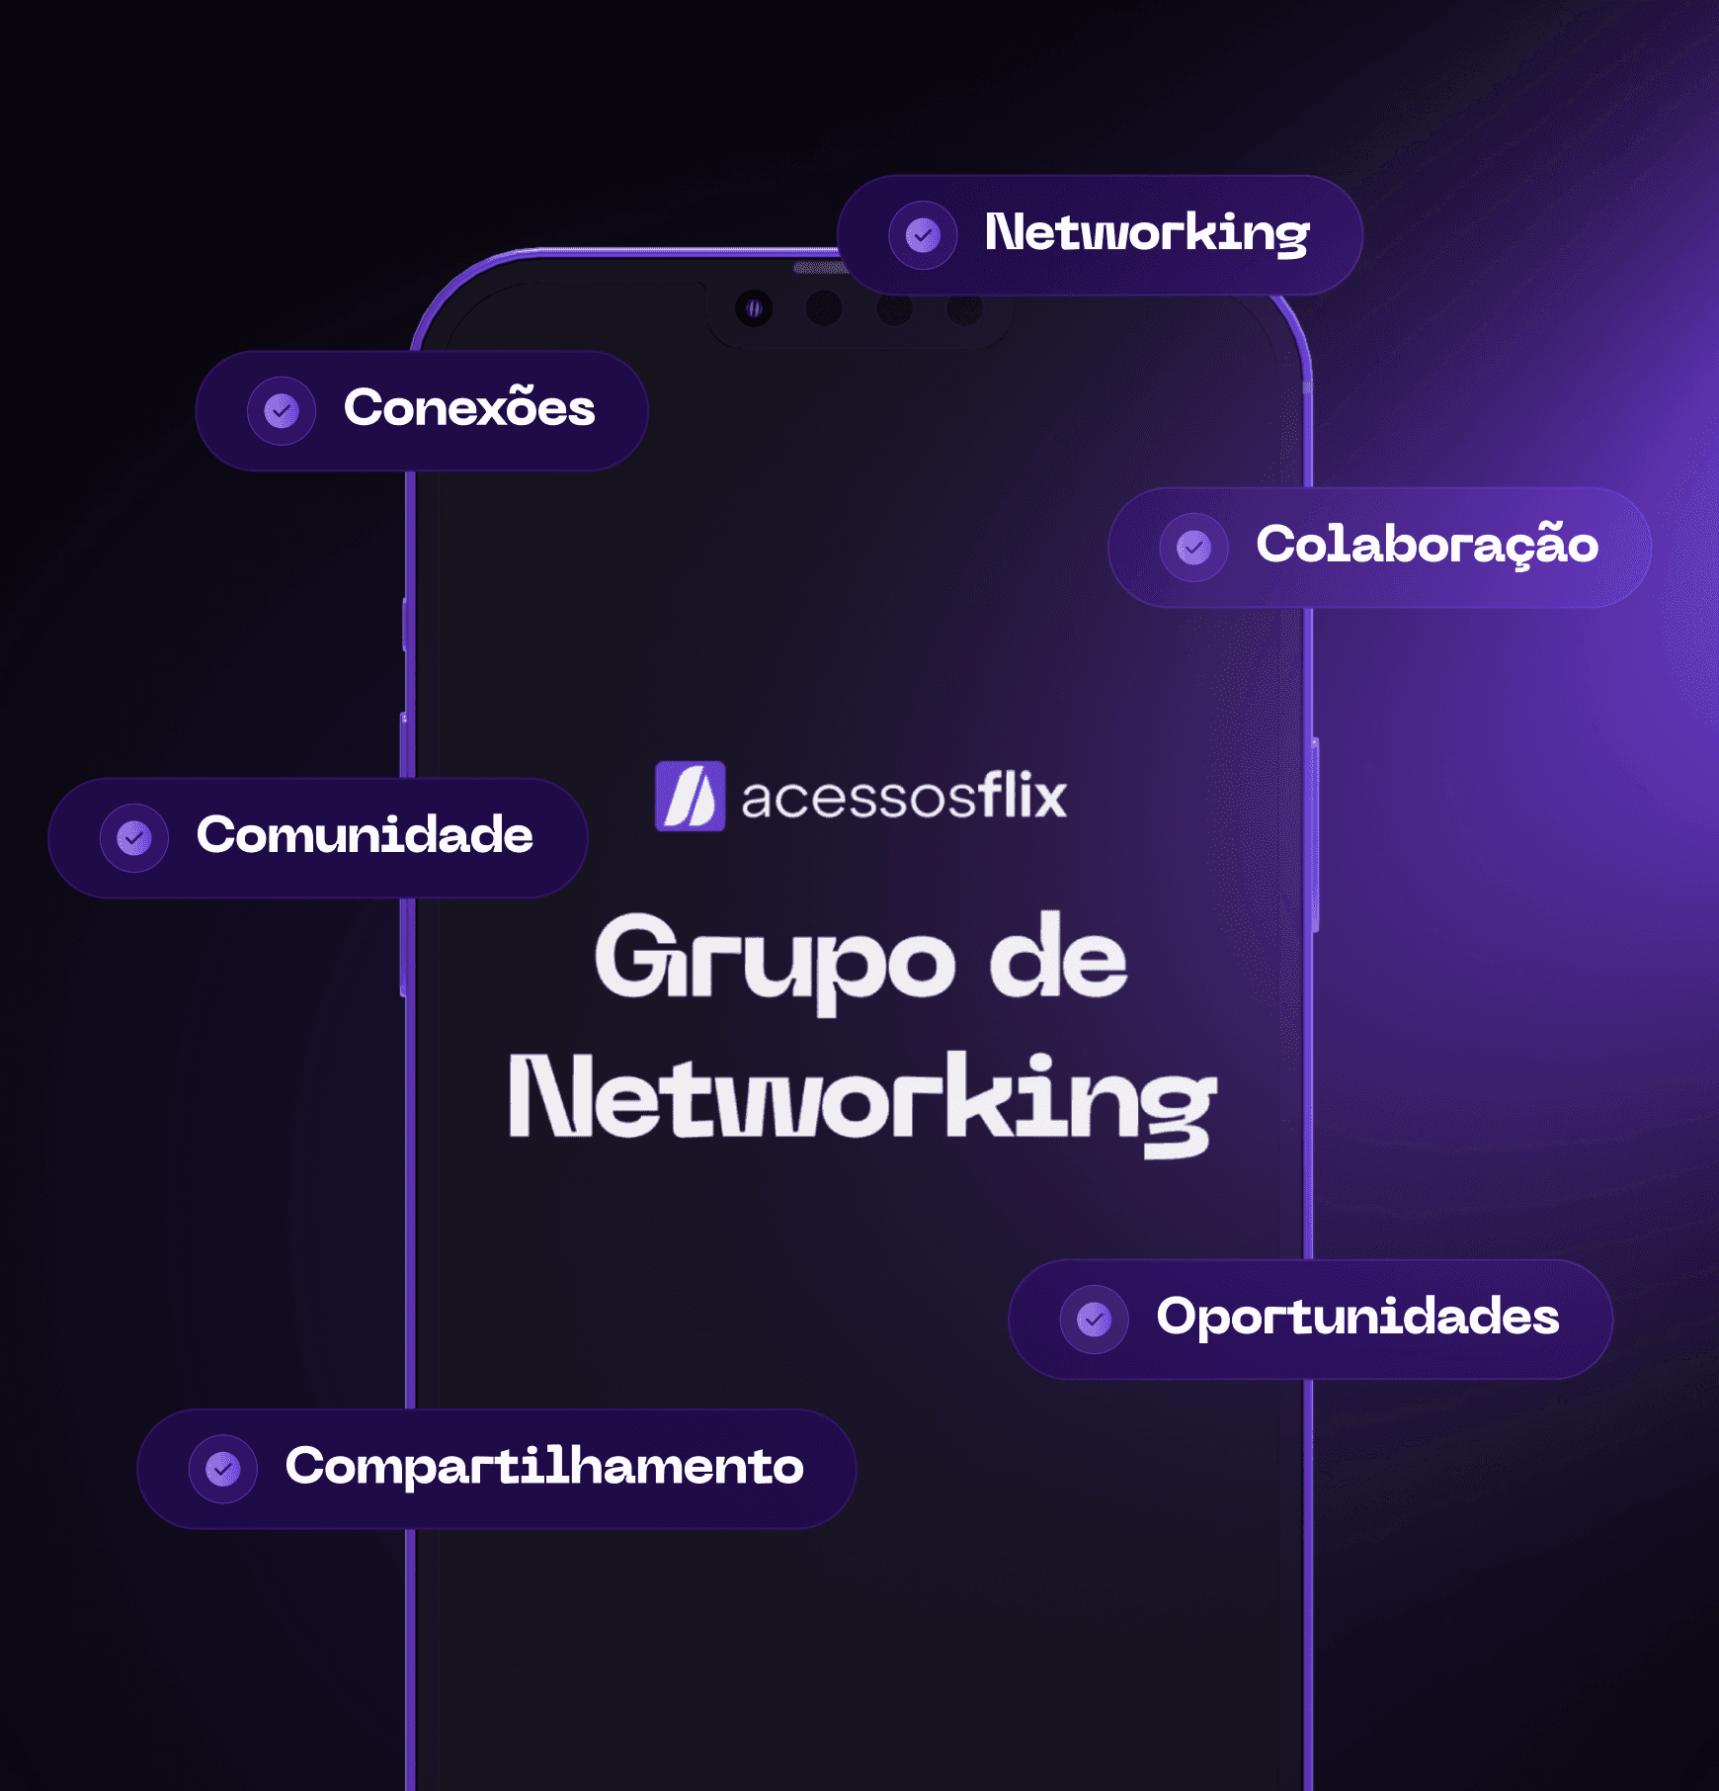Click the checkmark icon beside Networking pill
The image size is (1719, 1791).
pyautogui.click(x=923, y=236)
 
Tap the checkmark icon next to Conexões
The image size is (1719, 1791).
pyautogui.click(x=282, y=410)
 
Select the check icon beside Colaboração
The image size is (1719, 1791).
pyautogui.click(x=1193, y=547)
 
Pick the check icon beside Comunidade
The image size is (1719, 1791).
pyautogui.click(x=134, y=838)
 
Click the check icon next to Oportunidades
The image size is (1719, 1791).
pyautogui.click(x=1094, y=1319)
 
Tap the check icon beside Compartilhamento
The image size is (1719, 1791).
pyautogui.click(x=223, y=1469)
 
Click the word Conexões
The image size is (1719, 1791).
pyautogui.click(x=469, y=408)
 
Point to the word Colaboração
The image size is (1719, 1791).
pyautogui.click(x=1427, y=545)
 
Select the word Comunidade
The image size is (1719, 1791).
pyautogui.click(x=365, y=835)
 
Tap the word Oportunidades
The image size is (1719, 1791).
pyautogui.click(x=1357, y=1317)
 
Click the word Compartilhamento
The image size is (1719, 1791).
pyautogui.click(x=544, y=1466)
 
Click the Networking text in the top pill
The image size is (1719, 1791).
pyautogui.click(x=1146, y=234)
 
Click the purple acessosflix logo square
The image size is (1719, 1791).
pyautogui.click(x=690, y=796)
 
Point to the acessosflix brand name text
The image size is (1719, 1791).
pyautogui.click(x=904, y=798)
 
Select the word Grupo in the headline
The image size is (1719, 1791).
pyautogui.click(x=775, y=961)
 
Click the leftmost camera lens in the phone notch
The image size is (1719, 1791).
pyautogui.click(x=754, y=308)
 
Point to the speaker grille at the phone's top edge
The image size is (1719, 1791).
pyautogui.click(x=818, y=268)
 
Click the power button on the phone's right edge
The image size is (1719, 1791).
pyautogui.click(x=1315, y=835)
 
